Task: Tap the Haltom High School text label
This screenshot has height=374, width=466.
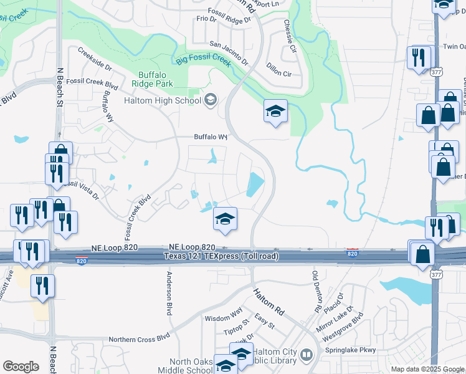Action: (162, 100)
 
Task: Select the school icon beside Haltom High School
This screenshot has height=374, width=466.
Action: (211, 100)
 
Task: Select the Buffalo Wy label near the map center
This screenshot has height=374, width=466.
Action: (209, 137)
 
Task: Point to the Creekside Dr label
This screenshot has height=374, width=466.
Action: (95, 58)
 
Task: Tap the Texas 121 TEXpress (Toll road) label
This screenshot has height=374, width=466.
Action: (221, 257)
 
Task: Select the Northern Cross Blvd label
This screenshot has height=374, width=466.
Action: (139, 338)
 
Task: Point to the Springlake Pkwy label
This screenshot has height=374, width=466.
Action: (351, 350)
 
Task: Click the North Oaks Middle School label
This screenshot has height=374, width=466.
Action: (191, 367)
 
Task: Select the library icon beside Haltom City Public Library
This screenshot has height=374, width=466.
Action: (306, 355)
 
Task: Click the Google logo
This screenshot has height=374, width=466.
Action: (21, 367)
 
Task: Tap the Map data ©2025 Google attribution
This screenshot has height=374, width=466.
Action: (427, 369)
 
